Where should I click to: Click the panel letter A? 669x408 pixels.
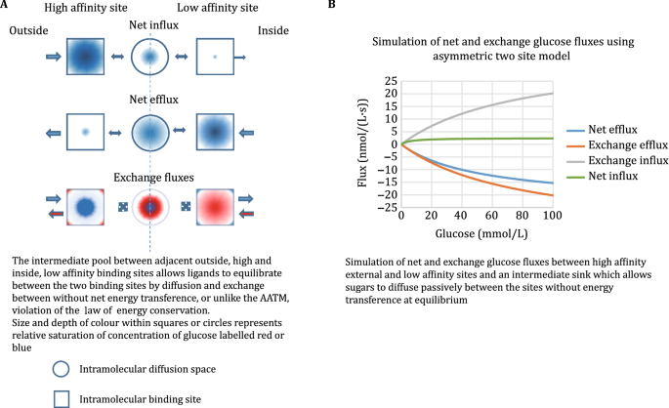[x=6, y=6]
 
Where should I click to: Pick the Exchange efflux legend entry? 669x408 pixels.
[x=603, y=143]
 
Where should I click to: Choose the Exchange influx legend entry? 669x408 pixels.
[x=603, y=159]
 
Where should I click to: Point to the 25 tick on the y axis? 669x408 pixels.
[x=390, y=81]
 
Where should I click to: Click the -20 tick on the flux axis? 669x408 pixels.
[x=387, y=194]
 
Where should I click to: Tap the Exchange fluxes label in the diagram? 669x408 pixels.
[x=149, y=179]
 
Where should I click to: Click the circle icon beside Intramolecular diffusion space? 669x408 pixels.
[x=62, y=368]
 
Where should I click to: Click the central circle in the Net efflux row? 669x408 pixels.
[x=149, y=130]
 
